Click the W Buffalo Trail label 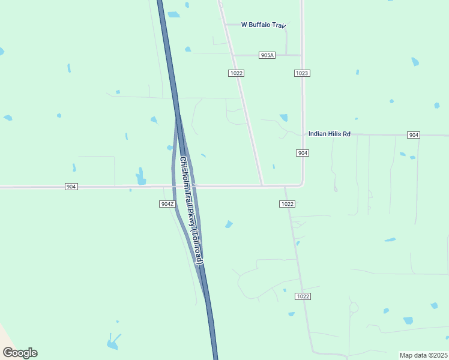[x=262, y=25]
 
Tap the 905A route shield [x=267, y=55]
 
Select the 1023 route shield [x=302, y=73]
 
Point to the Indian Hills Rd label [x=329, y=134]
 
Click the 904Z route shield [x=167, y=204]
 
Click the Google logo [x=20, y=353]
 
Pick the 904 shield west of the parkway [x=71, y=187]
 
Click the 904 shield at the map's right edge [x=413, y=135]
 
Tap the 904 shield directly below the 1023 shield [x=303, y=154]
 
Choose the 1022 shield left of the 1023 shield [x=236, y=73]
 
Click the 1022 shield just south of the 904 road [x=287, y=204]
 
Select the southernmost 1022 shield [x=303, y=296]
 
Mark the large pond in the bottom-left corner [x=112, y=341]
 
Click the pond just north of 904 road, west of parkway [x=140, y=177]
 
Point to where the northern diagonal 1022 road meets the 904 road [x=262, y=185]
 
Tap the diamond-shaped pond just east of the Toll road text [x=229, y=224]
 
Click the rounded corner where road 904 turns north [x=300, y=184]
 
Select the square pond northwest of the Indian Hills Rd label [x=283, y=118]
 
